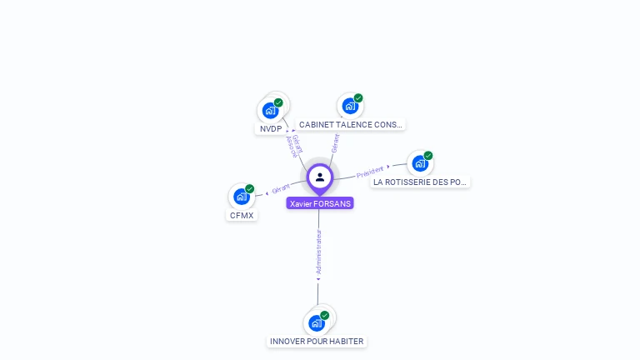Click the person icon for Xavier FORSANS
320,177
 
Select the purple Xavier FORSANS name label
320,203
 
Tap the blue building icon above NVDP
270,111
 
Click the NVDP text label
271,129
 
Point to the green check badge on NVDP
278,102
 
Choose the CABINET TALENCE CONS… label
350,125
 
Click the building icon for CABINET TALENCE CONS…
350,107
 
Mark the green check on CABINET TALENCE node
358,98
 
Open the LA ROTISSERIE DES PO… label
420,182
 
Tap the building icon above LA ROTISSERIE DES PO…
420,163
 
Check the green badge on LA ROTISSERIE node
428,156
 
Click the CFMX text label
242,216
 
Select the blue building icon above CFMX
242,197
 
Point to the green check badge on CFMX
249,189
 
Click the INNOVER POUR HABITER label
317,342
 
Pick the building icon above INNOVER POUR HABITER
316,323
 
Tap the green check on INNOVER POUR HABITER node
324,315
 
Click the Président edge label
370,172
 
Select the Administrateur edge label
318,252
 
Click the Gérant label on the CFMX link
280,188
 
